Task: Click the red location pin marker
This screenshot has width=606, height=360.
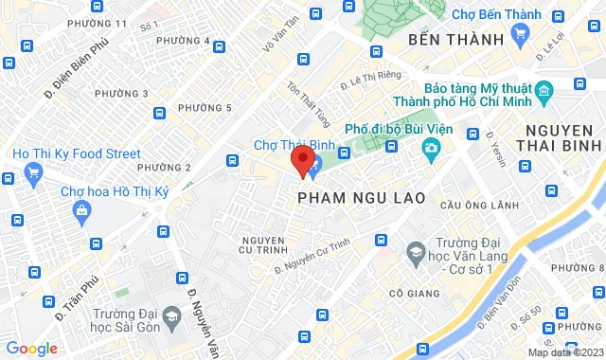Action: coord(303,161)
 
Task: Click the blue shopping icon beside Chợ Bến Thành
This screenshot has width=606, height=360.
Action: coord(519,34)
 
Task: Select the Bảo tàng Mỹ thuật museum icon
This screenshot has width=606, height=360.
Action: coord(544,92)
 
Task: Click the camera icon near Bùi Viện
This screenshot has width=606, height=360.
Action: coord(432,148)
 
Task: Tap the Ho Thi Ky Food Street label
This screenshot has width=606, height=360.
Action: coord(76,153)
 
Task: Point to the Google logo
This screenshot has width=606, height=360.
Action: coord(31,349)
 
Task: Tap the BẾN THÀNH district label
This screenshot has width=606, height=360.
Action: coord(452,41)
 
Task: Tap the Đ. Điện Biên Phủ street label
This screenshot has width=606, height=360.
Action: coord(71,76)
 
